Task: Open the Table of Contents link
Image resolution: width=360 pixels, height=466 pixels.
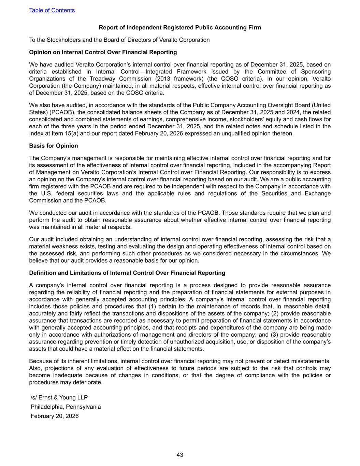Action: (52, 10)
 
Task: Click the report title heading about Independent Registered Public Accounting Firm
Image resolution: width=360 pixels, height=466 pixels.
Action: (180, 28)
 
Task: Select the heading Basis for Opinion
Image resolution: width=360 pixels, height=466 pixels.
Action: (54, 146)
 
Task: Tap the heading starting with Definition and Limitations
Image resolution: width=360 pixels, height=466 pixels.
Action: (127, 273)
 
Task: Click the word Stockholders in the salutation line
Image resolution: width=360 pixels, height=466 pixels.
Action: (54, 40)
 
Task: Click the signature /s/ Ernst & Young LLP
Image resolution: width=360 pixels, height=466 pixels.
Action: (59, 398)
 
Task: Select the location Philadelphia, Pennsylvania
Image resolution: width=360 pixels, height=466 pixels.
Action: (66, 407)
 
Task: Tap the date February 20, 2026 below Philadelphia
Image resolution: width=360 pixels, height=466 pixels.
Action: (55, 416)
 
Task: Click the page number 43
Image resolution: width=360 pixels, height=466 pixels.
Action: (180, 455)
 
